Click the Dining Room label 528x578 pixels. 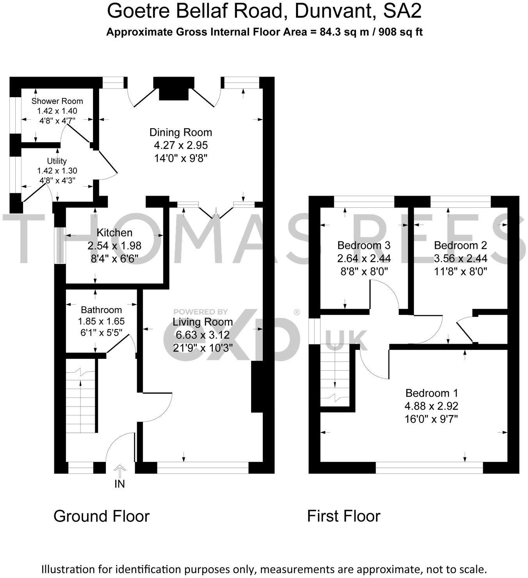pos(180,132)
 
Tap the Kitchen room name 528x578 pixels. pos(114,233)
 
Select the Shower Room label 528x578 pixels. pos(57,101)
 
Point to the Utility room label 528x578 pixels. pos(57,161)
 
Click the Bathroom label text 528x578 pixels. pos(101,310)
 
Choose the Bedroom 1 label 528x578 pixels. pos(432,393)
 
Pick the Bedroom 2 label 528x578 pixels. pos(460,245)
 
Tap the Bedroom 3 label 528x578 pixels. pos(364,245)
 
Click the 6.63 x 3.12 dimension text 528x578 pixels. pos(202,335)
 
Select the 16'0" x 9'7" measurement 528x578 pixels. pos(432,419)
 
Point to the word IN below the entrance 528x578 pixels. pos(120,484)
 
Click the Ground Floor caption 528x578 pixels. pos(102,516)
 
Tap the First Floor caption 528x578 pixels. pos(344,516)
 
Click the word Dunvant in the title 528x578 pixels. pos(335,11)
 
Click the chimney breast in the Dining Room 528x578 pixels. pos(173,89)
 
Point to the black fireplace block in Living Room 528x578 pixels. pos(257,387)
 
